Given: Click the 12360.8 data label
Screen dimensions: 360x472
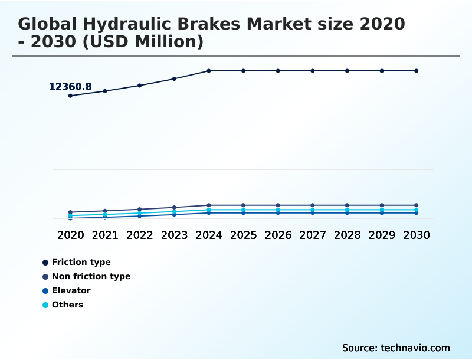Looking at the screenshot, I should pos(70,87).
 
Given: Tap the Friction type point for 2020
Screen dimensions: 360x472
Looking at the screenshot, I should pos(70,96).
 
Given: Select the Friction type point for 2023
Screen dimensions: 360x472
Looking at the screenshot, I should pos(174,78).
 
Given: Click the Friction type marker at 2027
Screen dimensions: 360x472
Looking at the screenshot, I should pos(313,71).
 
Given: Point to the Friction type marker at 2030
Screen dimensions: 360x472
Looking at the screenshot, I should pos(417,71).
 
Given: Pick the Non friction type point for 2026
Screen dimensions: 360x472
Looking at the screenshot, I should pos(278,205).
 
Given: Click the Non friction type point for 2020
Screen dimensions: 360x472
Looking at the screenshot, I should pos(70,212).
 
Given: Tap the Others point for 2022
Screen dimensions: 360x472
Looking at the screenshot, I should pos(140,213).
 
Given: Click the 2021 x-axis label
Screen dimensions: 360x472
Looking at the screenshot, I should pos(105,235).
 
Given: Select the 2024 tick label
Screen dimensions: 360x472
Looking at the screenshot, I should pos(209,235).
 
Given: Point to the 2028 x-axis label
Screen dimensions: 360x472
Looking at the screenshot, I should pos(347,235).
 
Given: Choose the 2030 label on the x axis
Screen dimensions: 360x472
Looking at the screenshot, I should pos(417,235).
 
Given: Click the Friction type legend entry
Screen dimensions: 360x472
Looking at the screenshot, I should pos(81,263).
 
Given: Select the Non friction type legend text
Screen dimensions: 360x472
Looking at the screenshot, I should pos(91,277).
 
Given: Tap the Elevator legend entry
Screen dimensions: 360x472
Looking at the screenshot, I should pos(71,291).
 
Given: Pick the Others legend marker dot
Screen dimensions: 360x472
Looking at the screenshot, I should pos(45,305).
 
